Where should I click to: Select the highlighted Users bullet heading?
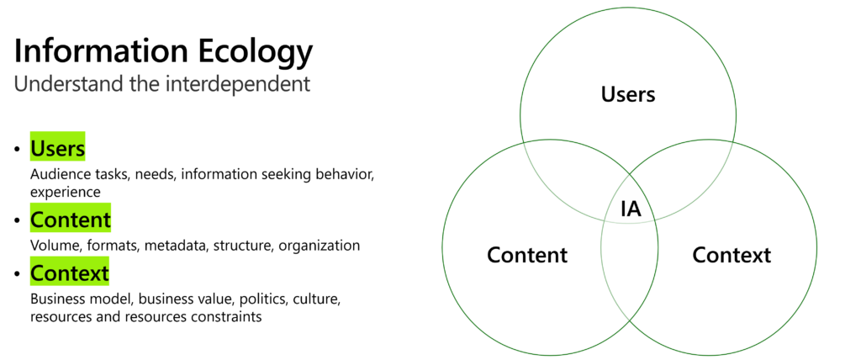58,148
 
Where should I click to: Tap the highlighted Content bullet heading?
71,220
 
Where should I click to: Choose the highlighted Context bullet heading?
70,273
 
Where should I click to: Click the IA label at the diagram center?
631,209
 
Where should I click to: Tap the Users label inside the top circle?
628,94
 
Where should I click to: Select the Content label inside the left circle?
527,255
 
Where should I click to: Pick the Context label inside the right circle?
732,255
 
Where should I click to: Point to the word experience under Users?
66,193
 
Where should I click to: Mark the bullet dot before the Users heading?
18,150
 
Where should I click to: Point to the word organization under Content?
319,246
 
